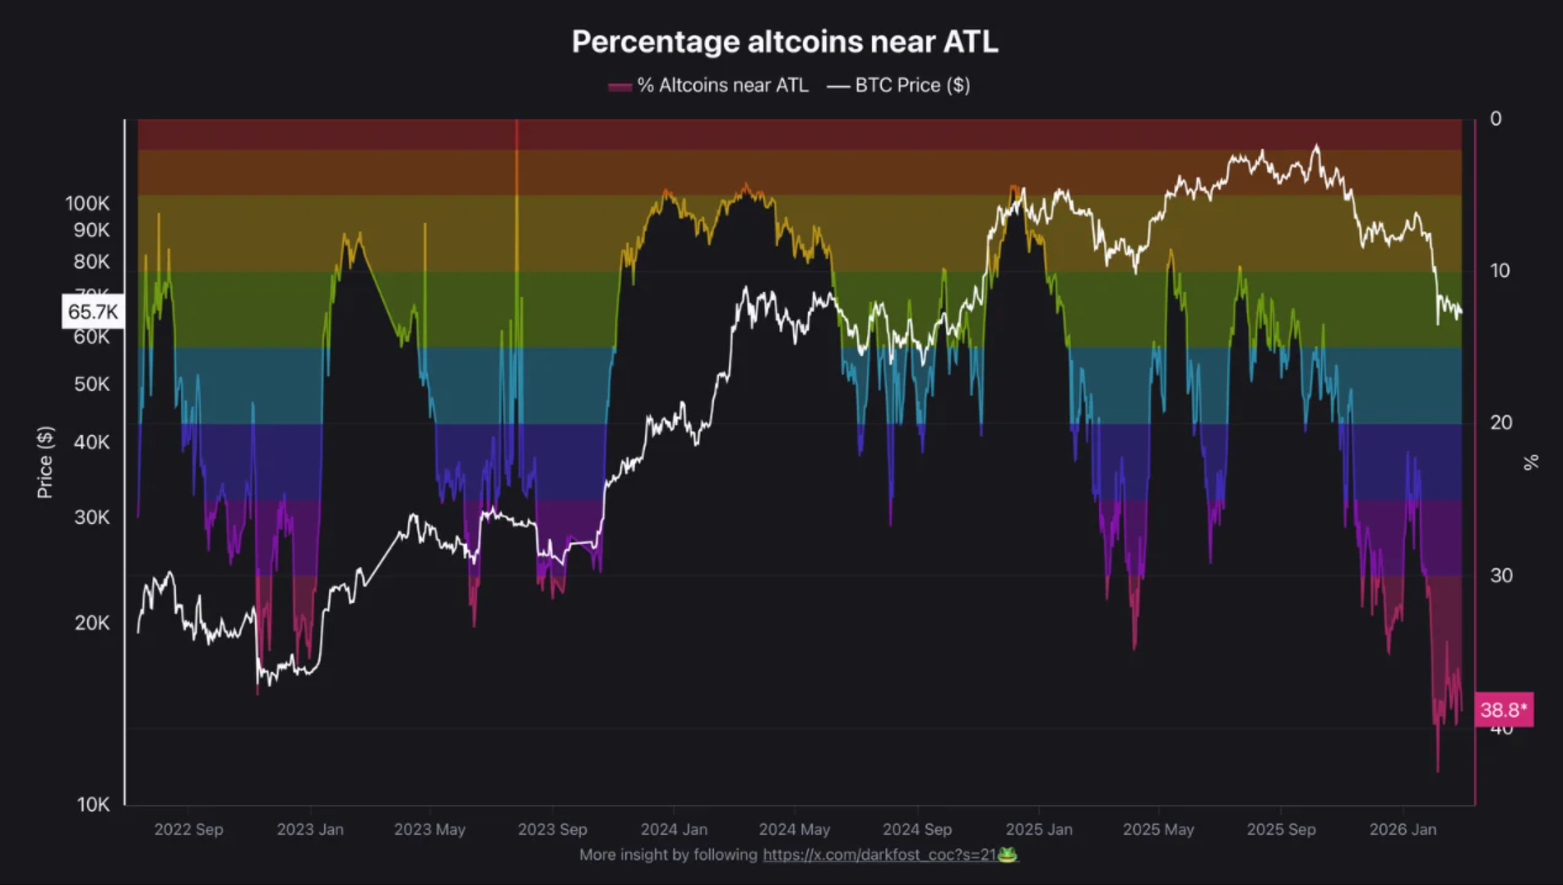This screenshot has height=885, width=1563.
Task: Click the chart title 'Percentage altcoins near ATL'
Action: (785, 42)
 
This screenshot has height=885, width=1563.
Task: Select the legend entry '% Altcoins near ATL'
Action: (708, 86)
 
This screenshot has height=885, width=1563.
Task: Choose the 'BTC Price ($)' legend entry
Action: (899, 86)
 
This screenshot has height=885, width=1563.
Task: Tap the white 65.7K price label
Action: (93, 312)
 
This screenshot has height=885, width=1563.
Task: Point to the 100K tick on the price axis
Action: (87, 203)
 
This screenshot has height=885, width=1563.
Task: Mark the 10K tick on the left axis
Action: (93, 804)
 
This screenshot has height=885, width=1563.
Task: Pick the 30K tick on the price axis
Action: (91, 517)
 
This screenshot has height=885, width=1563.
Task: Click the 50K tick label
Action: (91, 384)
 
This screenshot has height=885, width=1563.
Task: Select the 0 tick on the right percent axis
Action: (1496, 119)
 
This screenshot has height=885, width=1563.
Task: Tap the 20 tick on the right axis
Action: (1500, 423)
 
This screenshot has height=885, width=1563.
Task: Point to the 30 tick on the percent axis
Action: (1500, 576)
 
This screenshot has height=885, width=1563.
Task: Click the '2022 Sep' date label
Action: (188, 829)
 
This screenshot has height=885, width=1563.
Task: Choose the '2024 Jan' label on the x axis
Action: (674, 829)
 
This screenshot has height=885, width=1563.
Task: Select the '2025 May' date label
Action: (1158, 829)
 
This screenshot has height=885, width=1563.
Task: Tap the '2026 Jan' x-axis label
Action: (1403, 829)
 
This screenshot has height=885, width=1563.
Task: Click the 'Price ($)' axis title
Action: (45, 462)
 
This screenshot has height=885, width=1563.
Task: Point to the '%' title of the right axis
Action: (1531, 462)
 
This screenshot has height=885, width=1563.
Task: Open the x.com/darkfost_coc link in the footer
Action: (879, 855)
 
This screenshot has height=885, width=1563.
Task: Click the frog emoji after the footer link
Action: (1008, 855)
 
